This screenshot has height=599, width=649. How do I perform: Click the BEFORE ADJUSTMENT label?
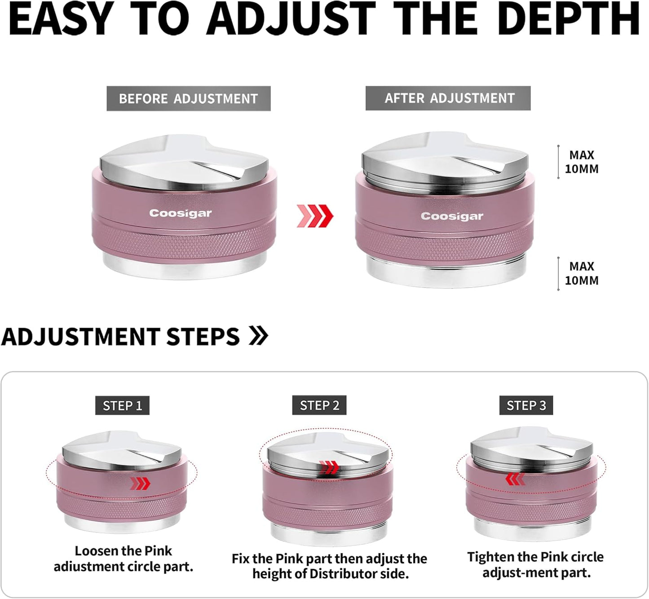click(189, 98)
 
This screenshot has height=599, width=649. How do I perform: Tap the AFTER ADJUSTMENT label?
click(448, 98)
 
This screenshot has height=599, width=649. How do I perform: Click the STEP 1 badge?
click(122, 405)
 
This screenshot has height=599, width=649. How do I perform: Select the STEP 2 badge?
click(319, 405)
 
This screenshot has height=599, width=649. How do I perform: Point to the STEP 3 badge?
click(526, 405)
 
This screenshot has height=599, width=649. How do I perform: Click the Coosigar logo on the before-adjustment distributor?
click(181, 213)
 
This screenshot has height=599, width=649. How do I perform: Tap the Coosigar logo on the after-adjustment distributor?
click(452, 216)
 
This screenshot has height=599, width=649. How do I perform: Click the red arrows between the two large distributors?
click(315, 216)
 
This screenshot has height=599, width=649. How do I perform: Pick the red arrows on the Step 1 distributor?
click(140, 483)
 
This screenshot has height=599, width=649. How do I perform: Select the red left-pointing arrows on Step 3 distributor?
click(515, 479)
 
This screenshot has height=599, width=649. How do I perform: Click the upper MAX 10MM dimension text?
click(582, 162)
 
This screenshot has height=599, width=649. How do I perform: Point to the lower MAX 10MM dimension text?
click(582, 273)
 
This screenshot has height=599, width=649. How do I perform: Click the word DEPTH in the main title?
click(568, 18)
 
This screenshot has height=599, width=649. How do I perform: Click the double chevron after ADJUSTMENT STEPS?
click(259, 336)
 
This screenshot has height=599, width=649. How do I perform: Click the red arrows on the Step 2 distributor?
click(329, 467)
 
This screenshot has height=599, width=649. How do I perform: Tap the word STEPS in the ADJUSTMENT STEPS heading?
click(203, 337)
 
